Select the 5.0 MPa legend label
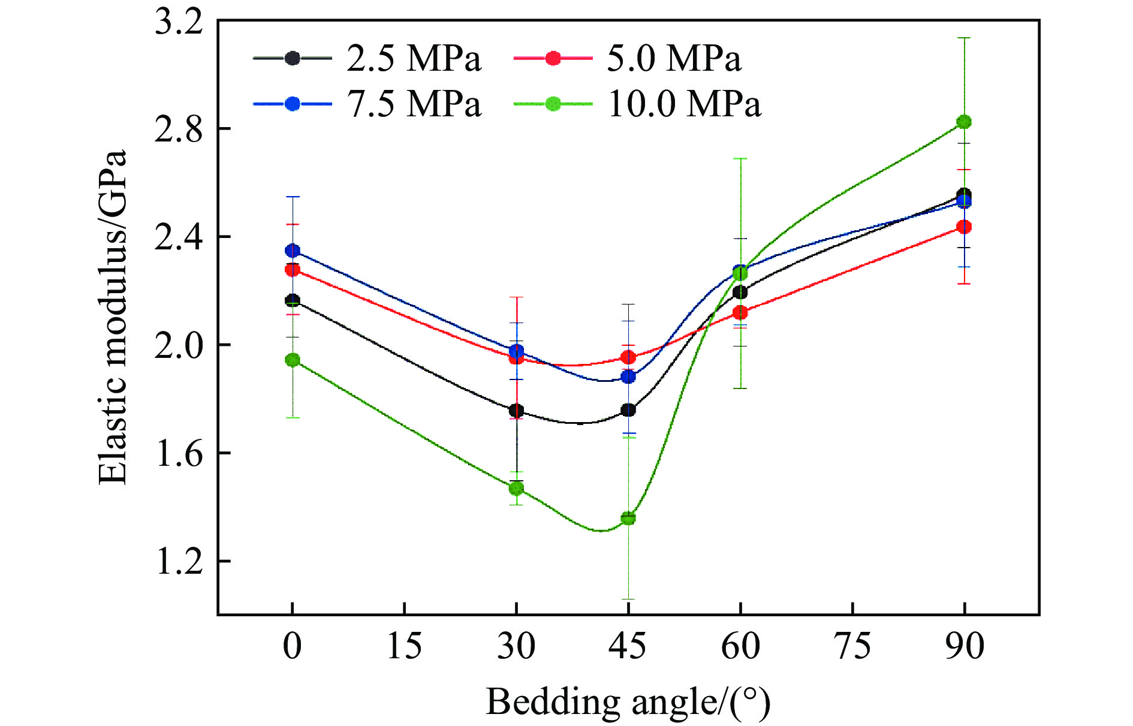(x=674, y=59)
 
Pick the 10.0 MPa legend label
(x=684, y=104)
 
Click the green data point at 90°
(x=964, y=122)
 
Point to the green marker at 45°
(x=628, y=518)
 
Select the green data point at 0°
(x=293, y=360)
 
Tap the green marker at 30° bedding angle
(x=516, y=488)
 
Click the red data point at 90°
(x=964, y=227)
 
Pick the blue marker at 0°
(x=293, y=250)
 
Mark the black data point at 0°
(x=293, y=300)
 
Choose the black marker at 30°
(x=516, y=411)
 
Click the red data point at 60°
(x=740, y=312)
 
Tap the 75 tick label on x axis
(x=852, y=646)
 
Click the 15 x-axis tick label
(x=405, y=646)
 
